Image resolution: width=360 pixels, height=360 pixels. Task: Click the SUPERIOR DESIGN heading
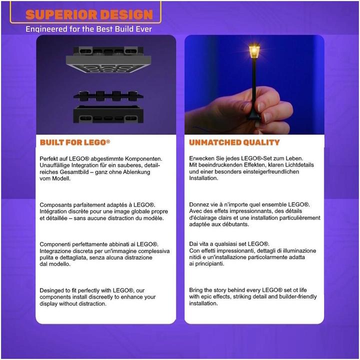click(89, 14)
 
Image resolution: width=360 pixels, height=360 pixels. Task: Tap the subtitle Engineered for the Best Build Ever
click(88, 29)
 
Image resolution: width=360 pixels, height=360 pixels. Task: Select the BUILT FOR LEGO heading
click(75, 142)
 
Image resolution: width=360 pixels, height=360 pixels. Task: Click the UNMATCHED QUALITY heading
click(234, 142)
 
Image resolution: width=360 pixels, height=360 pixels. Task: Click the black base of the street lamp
click(254, 115)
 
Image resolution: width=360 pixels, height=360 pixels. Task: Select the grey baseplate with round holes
click(108, 64)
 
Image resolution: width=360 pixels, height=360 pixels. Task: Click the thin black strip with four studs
click(108, 96)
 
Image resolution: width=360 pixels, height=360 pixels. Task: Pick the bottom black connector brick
click(108, 114)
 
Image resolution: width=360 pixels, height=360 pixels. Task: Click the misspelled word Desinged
click(52, 290)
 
